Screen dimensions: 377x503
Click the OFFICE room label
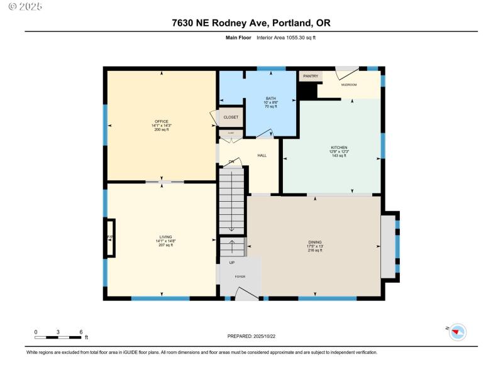point(162,121)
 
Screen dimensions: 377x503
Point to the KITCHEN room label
point(339,148)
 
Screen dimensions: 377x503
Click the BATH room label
point(270,99)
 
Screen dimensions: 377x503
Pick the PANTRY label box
point(311,76)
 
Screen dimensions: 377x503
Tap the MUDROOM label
point(349,84)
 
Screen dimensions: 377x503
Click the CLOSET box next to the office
point(231,117)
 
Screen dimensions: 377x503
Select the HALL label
point(262,155)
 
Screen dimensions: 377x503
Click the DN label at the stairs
point(231,162)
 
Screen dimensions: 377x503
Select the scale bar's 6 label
point(81,332)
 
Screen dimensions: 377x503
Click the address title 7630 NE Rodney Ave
point(251,23)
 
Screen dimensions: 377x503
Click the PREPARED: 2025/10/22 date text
point(251,336)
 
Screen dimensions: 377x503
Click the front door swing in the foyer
point(247,291)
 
